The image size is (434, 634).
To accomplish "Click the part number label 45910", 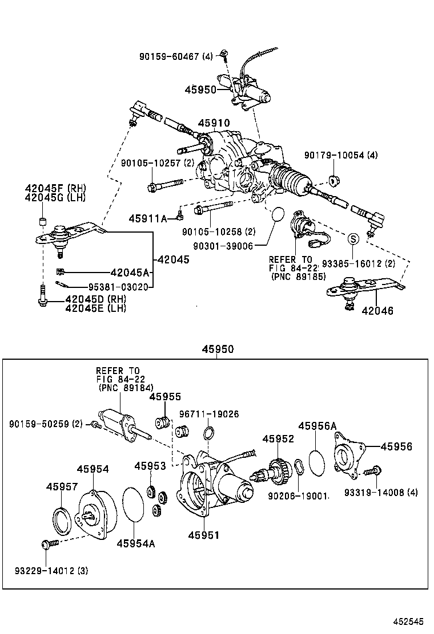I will (214, 123).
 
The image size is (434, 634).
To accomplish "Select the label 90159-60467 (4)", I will (176, 56).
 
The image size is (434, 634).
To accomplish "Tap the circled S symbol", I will (353, 238).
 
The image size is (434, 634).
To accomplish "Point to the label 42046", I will (377, 311).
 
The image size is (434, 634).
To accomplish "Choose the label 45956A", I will (317, 426).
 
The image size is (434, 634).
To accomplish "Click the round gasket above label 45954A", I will (134, 504).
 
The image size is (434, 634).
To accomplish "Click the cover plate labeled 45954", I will (94, 514).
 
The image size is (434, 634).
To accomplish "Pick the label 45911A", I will (147, 218).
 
